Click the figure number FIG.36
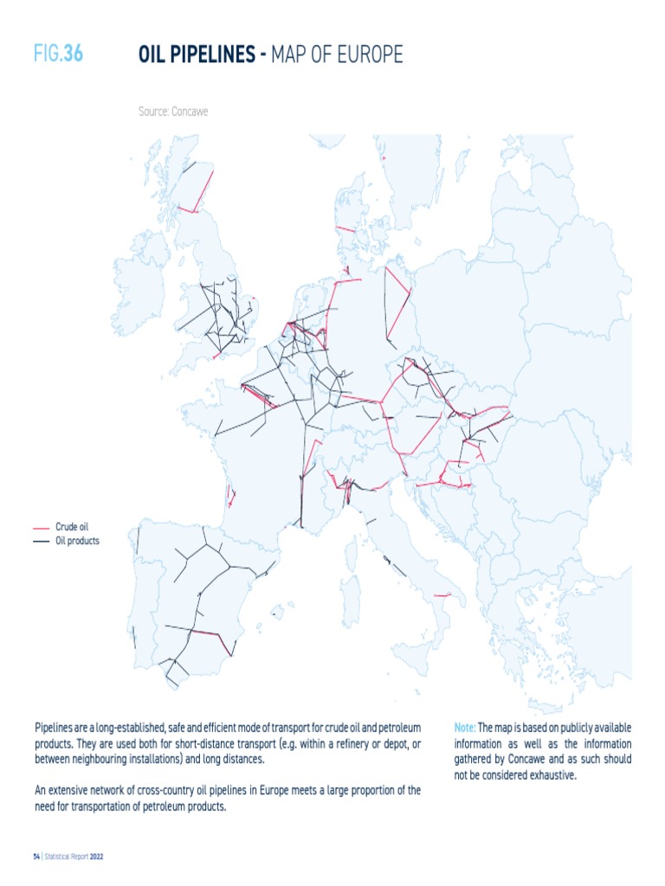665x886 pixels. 58,55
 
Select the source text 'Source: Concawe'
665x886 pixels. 173,112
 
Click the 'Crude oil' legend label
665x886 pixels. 72,526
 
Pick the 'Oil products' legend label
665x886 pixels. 77,541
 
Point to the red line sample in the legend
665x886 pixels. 41,527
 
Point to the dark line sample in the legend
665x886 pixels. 41,542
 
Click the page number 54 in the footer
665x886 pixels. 36,857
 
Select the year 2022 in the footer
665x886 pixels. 96,857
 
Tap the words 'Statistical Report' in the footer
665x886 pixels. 66,857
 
